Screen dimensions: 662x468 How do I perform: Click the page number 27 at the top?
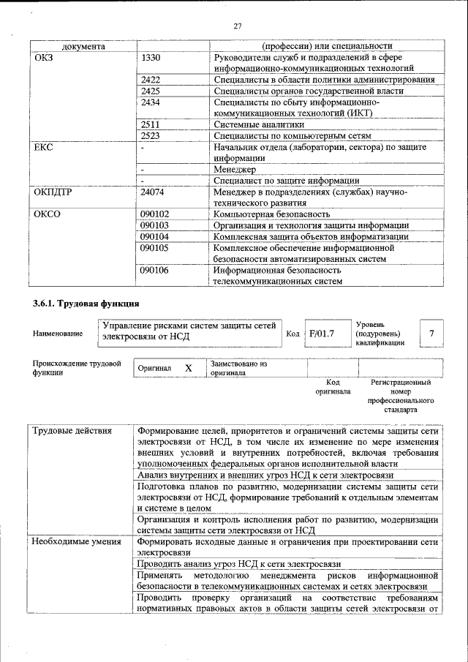click(238, 26)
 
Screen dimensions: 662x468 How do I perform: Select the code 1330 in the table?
click(151, 57)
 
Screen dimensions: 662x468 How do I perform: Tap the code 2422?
click(151, 80)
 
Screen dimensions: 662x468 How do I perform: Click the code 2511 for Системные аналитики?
click(151, 124)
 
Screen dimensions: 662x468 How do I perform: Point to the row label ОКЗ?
click(45, 57)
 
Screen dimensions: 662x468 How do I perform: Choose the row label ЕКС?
click(44, 147)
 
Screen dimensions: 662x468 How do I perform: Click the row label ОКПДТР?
click(53, 192)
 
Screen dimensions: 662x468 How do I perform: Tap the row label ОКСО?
click(48, 214)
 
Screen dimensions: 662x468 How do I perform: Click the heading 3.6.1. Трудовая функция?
click(86, 304)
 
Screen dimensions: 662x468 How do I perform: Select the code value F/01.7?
click(321, 334)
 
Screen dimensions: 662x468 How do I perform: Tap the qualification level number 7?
click(431, 334)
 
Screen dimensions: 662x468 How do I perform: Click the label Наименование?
click(58, 334)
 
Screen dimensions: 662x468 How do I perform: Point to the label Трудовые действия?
click(71, 431)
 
